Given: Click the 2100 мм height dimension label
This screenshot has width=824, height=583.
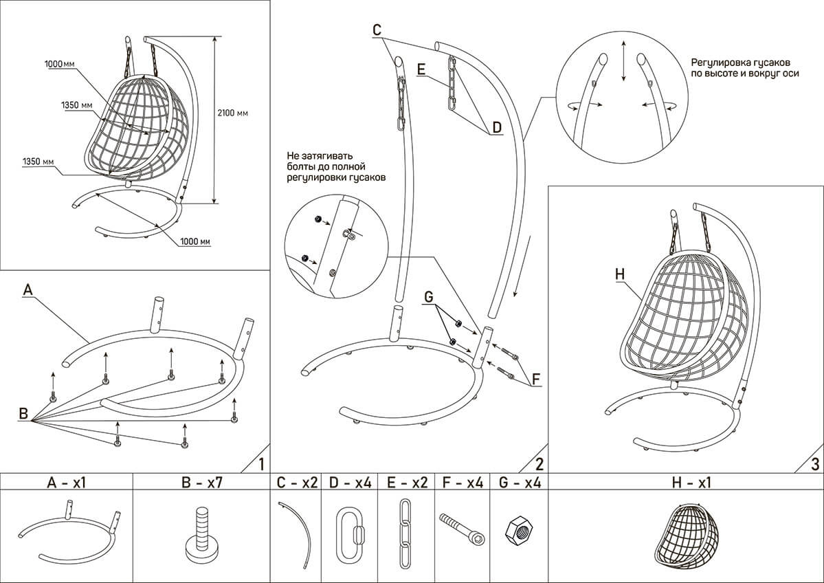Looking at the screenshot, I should point(233,113).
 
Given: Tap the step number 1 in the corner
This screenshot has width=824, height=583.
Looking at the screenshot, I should point(260,463).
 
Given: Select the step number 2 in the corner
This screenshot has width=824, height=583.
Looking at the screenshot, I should point(539,463).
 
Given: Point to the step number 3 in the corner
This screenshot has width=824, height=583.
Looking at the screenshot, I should point(814,463).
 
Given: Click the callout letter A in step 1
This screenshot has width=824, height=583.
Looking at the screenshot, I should point(27,290).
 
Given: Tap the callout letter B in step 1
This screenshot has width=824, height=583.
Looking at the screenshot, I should point(23,414).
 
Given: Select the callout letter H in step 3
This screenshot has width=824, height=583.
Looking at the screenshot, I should point(619,274).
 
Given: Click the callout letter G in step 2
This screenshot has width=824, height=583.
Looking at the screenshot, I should point(429,297).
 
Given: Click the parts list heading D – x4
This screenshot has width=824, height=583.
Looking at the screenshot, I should point(350,483).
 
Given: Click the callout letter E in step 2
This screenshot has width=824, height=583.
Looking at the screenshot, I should point(421,69).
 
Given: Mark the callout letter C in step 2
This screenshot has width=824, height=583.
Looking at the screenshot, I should point(376,30).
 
